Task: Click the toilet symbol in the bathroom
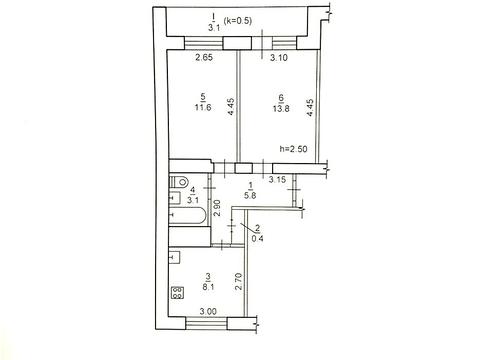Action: coord(179,182)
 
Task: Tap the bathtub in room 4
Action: coord(188,215)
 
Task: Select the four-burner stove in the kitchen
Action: coord(177,292)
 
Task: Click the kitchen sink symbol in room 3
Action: coord(175,257)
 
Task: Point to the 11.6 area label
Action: coord(203,107)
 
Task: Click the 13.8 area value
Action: coord(281,108)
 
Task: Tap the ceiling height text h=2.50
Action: coord(293,149)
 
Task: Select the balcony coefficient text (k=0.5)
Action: coord(238,21)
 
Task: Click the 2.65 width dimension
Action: coord(204,58)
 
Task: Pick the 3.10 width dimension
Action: coord(279,58)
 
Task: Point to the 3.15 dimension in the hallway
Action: coord(277,180)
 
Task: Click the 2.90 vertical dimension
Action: coord(217,208)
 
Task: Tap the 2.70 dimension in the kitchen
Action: coord(238,281)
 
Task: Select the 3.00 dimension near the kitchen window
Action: coord(208,312)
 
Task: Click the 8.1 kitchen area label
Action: coord(208,287)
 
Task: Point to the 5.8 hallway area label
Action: coord(250,195)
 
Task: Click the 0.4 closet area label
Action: coord(257,238)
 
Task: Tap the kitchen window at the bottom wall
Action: coord(206,323)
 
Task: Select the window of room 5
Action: coord(203,43)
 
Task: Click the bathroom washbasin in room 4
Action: coord(175,198)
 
